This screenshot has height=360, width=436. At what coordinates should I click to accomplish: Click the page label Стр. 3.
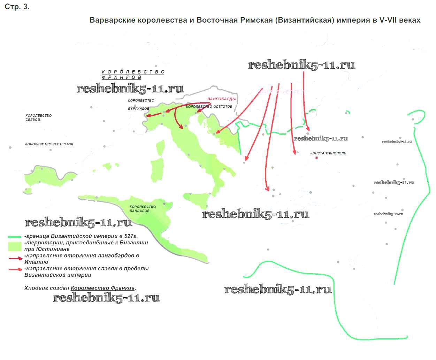pos(17,7)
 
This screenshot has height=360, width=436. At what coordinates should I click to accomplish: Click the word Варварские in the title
pos(112,20)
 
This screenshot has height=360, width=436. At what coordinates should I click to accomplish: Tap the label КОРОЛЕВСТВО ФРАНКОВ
pos(133,74)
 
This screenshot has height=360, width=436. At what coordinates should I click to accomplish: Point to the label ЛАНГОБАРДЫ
pos(222,99)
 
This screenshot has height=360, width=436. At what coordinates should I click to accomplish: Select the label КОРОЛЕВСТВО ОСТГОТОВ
pos(209,107)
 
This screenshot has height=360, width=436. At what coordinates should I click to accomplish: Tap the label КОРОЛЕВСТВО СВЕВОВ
pos(38,117)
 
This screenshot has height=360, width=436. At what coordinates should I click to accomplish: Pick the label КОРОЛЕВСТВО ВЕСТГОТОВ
pos(49,144)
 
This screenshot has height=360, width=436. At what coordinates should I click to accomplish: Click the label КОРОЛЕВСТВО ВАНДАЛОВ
pos(143,209)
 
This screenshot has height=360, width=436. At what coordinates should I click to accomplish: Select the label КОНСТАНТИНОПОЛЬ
pos(328,153)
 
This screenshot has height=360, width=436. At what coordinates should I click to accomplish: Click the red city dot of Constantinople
pos(316,158)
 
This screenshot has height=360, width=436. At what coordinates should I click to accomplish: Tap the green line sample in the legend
pos(15,237)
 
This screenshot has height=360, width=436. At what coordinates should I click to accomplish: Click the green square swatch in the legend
pos(15,246)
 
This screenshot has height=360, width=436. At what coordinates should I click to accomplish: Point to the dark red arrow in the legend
pos(15,259)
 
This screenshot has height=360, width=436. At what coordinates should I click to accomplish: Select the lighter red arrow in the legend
pos(15,269)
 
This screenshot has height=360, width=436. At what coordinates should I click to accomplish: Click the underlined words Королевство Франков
pos(103,288)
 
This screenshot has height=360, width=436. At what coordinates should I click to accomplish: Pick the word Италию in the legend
pos(36,262)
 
